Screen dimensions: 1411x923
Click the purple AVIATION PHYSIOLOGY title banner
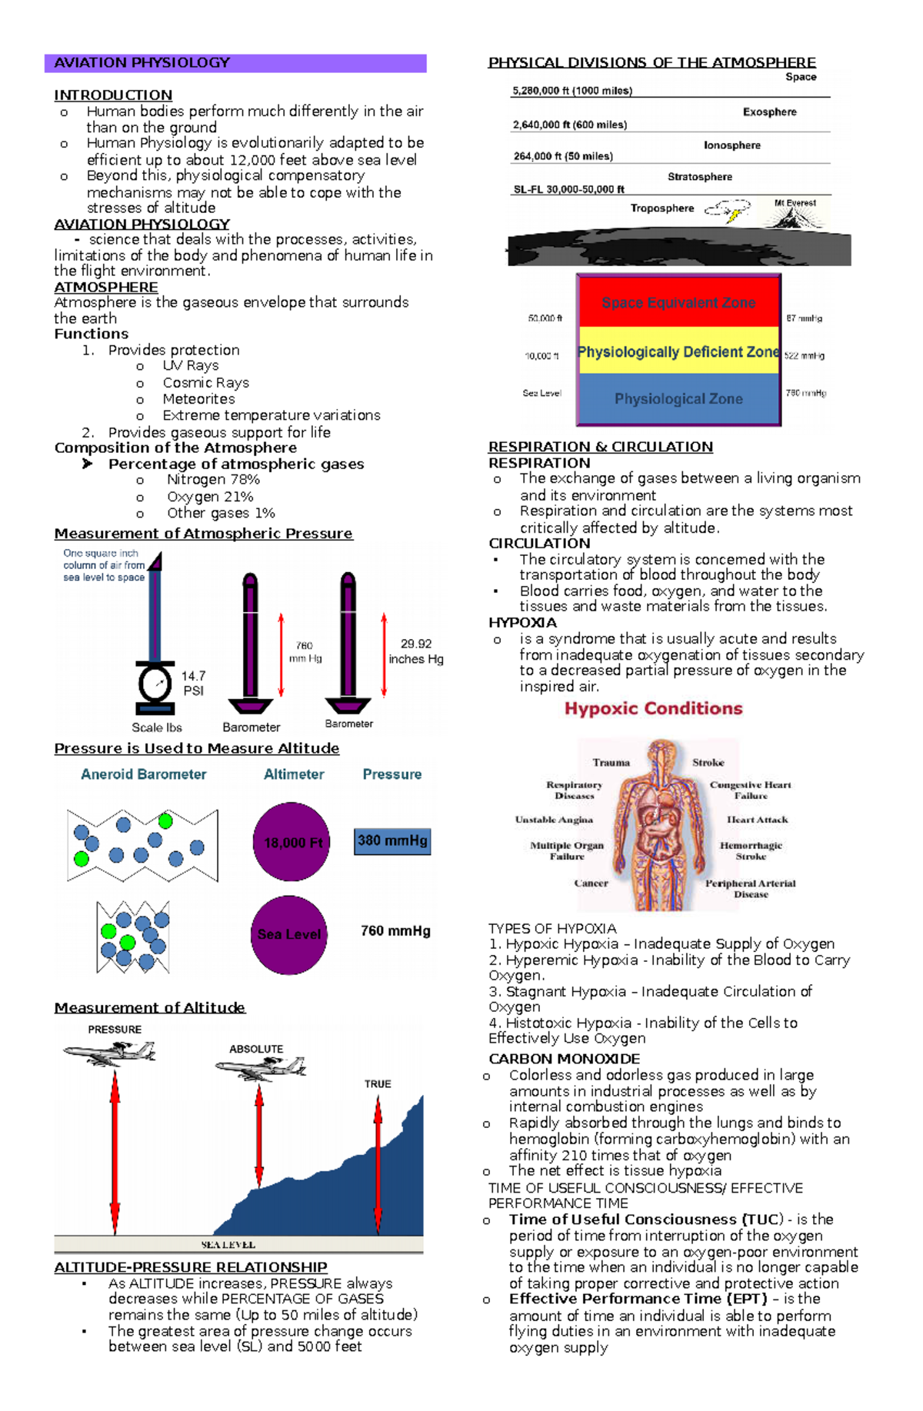click(x=235, y=63)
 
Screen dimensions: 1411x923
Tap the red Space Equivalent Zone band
click(x=678, y=302)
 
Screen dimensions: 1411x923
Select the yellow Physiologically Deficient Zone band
click(x=678, y=352)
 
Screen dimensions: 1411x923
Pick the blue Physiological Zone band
click(x=678, y=399)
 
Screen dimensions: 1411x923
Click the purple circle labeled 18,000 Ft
click(x=292, y=842)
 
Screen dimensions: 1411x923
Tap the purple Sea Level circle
click(x=289, y=934)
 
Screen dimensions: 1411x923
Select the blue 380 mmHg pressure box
click(x=392, y=841)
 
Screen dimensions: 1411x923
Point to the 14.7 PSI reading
click(x=193, y=683)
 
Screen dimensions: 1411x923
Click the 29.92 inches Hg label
click(x=415, y=651)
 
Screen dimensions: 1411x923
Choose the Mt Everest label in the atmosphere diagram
click(x=795, y=203)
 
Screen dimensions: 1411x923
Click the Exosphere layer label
click(x=769, y=112)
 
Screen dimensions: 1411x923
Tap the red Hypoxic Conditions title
click(x=654, y=709)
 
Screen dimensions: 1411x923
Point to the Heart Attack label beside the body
click(x=757, y=820)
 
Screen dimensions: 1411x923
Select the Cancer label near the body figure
click(x=591, y=884)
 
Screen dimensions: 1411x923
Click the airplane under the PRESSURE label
click(x=112, y=1053)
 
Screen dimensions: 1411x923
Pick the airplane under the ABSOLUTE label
click(x=262, y=1067)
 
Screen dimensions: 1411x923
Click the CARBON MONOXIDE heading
click(x=564, y=1059)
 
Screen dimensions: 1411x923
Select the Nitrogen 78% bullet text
click(x=213, y=480)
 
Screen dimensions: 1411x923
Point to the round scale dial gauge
click(x=155, y=683)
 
